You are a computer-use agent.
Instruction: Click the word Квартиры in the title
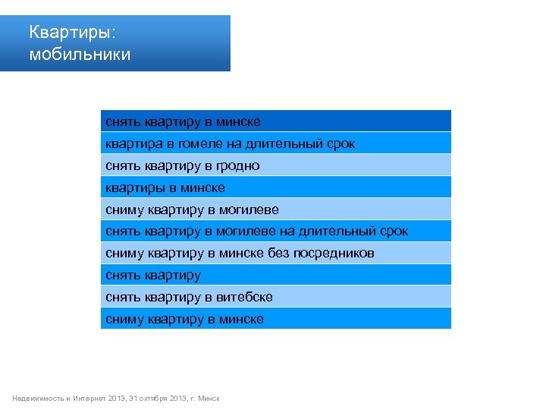[71, 33]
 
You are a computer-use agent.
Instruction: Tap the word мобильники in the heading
[80, 55]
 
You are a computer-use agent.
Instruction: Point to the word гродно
[236, 166]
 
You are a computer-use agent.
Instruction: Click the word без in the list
[277, 254]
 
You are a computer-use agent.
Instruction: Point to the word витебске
[244, 298]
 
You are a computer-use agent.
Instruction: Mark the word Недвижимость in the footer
[38, 399]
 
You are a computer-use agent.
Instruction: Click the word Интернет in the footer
[89, 399]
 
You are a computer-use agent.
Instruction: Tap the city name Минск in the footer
[209, 399]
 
